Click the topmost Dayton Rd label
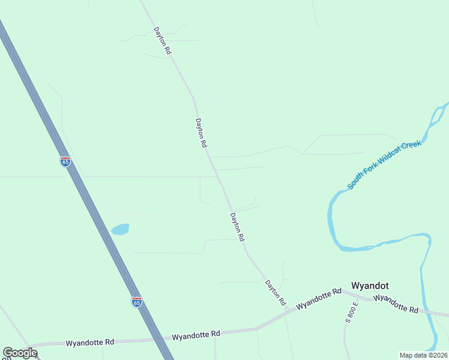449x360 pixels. [162, 41]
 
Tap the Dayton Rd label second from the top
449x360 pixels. [201, 133]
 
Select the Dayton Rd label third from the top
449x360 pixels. [237, 227]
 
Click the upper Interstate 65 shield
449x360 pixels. [65, 161]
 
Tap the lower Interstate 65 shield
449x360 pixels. [137, 302]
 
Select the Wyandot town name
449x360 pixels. [371, 286]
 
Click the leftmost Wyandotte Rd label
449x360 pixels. [90, 343]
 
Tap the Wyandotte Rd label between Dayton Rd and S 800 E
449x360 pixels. [319, 298]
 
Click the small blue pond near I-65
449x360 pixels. [120, 229]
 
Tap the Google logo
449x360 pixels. [20, 353]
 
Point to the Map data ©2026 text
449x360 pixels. [423, 355]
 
